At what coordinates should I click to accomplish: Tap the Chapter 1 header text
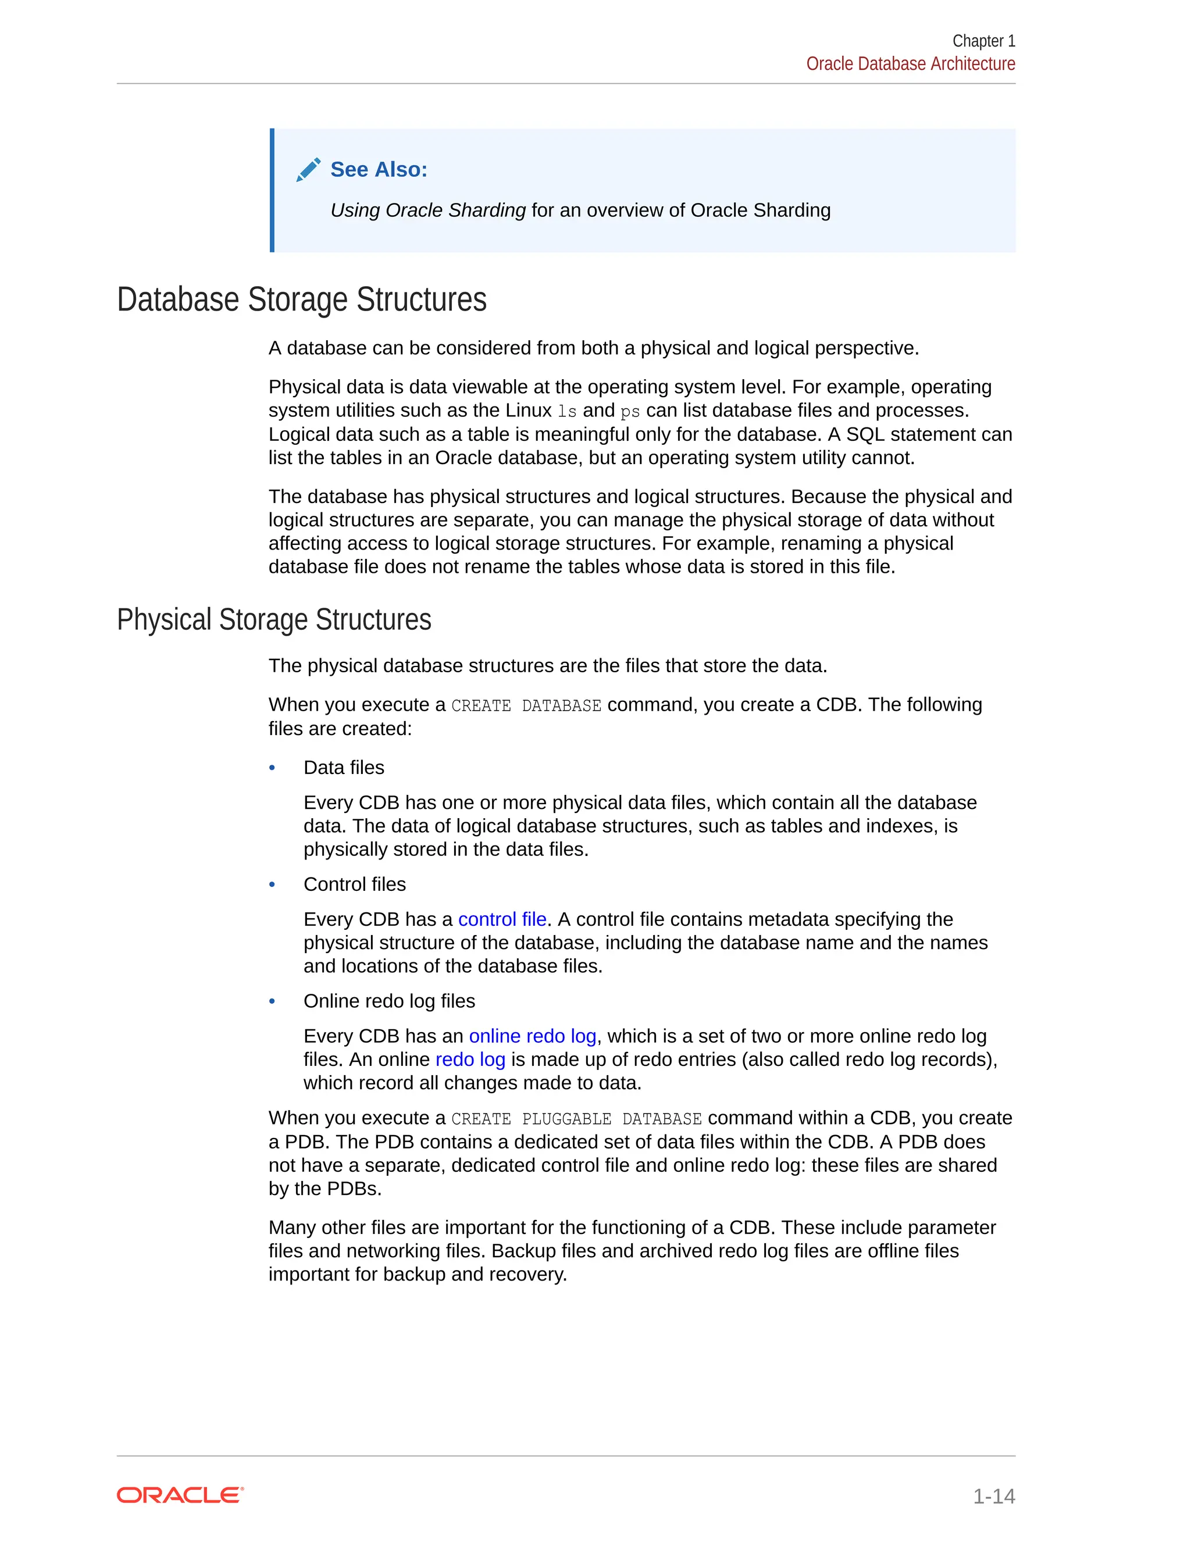983,41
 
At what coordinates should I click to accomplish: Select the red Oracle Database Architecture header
910,64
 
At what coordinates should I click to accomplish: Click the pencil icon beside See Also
308,169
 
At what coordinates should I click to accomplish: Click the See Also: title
379,169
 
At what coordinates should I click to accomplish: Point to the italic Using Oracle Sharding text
428,211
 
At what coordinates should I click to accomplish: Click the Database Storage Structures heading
301,299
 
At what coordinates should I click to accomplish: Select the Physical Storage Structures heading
274,619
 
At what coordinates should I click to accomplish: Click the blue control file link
502,919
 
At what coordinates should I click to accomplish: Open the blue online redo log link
533,1036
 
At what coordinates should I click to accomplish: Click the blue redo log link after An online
470,1059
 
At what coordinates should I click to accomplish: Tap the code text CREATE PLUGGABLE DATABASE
576,1119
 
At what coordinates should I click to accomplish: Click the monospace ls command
567,411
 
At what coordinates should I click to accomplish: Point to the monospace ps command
630,411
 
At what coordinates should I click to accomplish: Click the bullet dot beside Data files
272,768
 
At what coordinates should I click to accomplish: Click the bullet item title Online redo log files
389,1001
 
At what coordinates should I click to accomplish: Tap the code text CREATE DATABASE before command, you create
526,705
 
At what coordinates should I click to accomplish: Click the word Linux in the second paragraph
529,411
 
